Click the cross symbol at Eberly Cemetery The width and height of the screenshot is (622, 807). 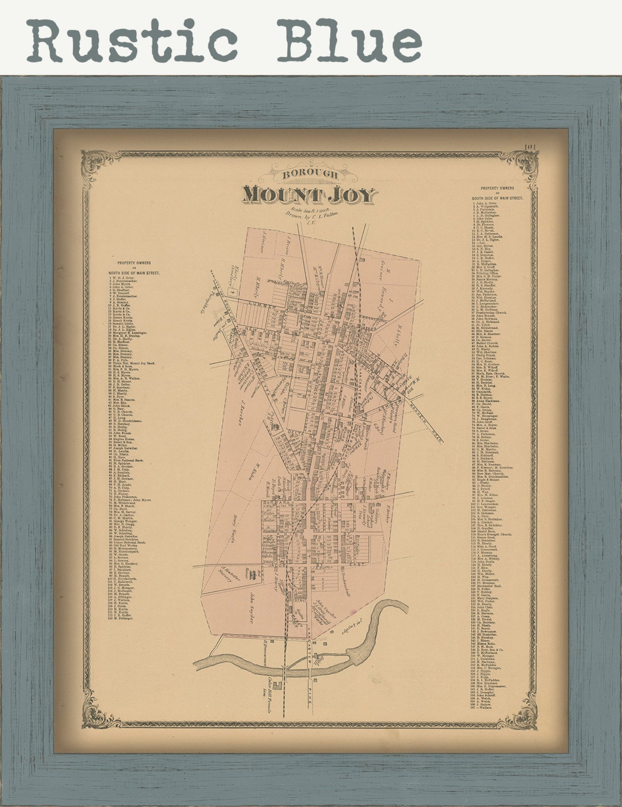233,292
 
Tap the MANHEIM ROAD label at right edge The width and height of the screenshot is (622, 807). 427,423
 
